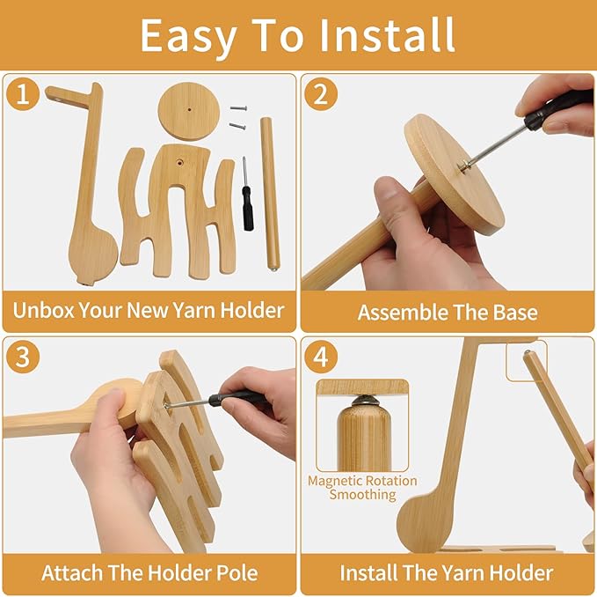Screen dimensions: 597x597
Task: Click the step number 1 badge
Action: pos(23,94)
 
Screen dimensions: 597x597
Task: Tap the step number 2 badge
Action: pos(320,94)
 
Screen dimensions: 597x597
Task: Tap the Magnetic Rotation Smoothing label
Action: pos(363,488)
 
